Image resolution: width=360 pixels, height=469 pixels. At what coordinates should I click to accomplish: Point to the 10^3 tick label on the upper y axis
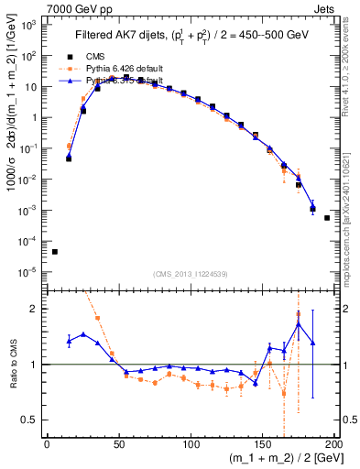[27, 25]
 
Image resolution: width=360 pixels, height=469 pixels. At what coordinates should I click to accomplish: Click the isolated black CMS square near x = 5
[55, 252]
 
